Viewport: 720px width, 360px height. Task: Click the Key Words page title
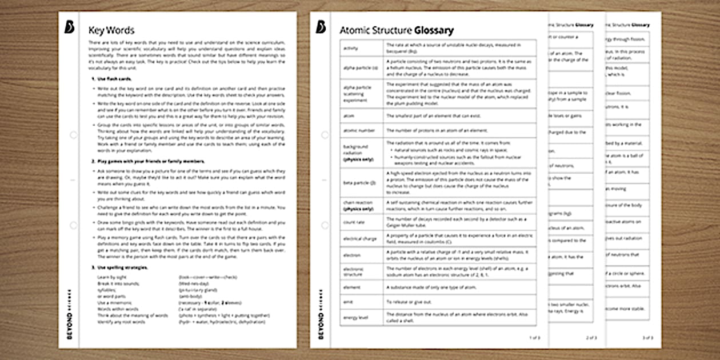pos(111,30)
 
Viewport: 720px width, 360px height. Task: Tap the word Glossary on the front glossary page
pos(434,30)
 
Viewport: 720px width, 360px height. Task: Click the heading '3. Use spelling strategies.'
pos(119,267)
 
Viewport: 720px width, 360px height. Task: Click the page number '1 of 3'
pos(534,338)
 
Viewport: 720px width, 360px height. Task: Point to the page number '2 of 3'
pos(591,338)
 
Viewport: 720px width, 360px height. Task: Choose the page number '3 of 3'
pos(647,338)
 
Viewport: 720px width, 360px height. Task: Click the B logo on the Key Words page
pos(69,27)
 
